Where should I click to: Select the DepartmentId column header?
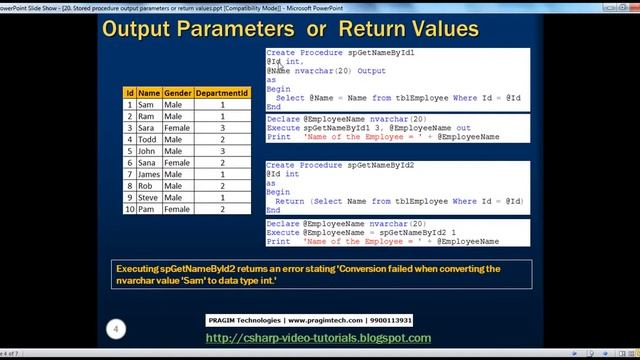tap(222, 92)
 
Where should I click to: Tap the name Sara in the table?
tap(146, 127)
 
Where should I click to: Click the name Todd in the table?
tap(146, 139)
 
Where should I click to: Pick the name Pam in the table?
tap(146, 209)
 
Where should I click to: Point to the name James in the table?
tap(148, 174)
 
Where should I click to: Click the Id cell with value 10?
tap(129, 209)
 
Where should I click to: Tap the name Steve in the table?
tap(147, 197)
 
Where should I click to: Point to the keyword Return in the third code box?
tap(290, 201)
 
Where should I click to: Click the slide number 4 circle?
tap(116, 328)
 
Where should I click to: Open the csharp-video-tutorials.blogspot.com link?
tap(318, 338)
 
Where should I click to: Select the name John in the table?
tap(146, 151)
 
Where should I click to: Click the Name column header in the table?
tap(149, 92)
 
